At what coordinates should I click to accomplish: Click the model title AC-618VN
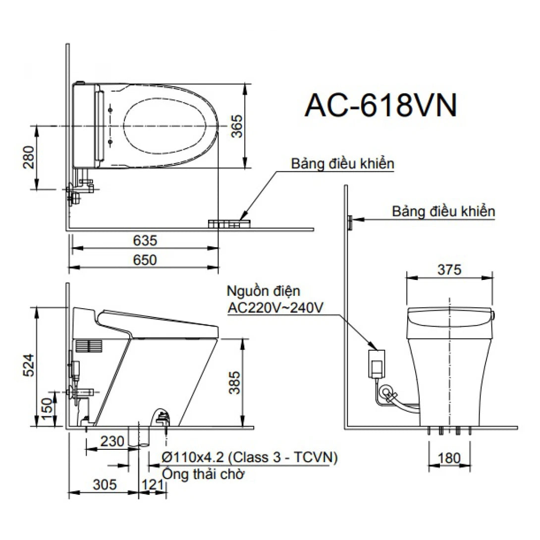[x=380, y=106]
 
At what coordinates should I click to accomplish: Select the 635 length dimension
[x=145, y=241]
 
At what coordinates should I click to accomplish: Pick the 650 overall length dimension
[x=145, y=260]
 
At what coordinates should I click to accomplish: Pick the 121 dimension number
[x=152, y=484]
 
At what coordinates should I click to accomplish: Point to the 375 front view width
[x=449, y=270]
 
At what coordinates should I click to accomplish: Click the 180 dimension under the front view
[x=449, y=458]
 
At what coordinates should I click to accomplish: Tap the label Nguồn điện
[x=263, y=291]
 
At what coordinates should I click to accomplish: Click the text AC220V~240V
[x=276, y=307]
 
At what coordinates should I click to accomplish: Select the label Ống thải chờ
[x=203, y=474]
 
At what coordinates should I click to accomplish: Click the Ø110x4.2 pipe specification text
[x=250, y=457]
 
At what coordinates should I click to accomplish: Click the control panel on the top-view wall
[x=229, y=224]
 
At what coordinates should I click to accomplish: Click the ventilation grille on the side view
[x=90, y=346]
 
